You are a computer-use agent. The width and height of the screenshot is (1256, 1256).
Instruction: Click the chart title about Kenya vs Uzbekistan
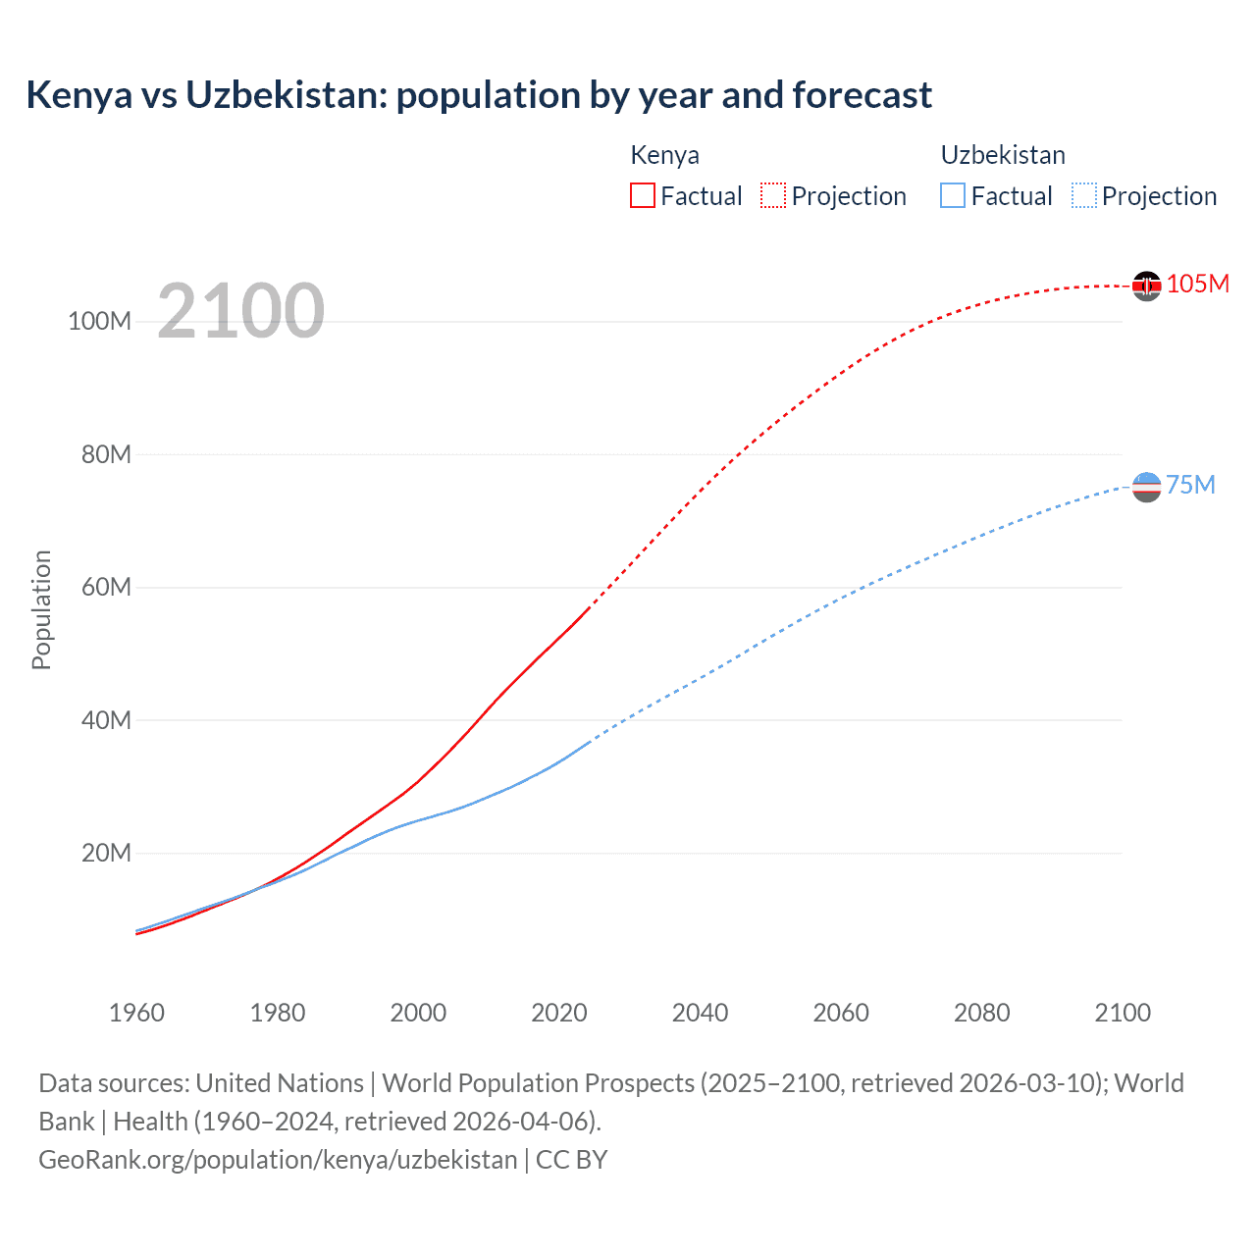coord(479,95)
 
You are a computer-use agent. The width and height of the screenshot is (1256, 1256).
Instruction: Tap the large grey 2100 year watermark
coord(240,311)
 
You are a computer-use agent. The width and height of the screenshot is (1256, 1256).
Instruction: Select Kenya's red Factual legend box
coord(642,195)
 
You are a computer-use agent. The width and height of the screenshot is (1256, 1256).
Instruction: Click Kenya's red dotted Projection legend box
coord(773,195)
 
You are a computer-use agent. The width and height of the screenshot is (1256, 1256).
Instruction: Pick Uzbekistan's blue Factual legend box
coord(953,195)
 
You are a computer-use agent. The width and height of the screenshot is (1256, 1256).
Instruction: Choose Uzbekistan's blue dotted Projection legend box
coord(1083,195)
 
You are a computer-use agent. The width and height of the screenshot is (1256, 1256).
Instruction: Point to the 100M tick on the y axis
coord(100,322)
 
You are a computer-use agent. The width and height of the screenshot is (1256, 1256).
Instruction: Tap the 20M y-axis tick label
coord(106,853)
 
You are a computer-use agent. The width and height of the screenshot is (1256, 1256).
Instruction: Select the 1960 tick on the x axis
coord(136,1013)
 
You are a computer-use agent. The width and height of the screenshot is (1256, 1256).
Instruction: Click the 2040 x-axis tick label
coord(700,1013)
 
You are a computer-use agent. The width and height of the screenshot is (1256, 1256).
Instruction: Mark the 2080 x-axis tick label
coord(981,1013)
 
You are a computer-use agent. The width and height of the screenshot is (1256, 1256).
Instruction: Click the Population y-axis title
coord(41,609)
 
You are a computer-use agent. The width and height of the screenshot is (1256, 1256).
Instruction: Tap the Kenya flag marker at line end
coord(1146,286)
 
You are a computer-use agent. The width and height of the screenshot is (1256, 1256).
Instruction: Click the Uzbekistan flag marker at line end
coord(1146,487)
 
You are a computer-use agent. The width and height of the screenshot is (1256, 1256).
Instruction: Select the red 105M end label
coord(1197,285)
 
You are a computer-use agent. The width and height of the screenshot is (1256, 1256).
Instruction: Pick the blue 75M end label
coord(1190,486)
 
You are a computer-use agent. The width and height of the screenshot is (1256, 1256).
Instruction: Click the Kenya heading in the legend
coord(664,155)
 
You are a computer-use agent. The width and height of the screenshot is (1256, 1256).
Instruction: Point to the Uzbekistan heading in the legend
coord(1003,155)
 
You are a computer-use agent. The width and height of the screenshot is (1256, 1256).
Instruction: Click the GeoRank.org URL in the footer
coord(278,1160)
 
